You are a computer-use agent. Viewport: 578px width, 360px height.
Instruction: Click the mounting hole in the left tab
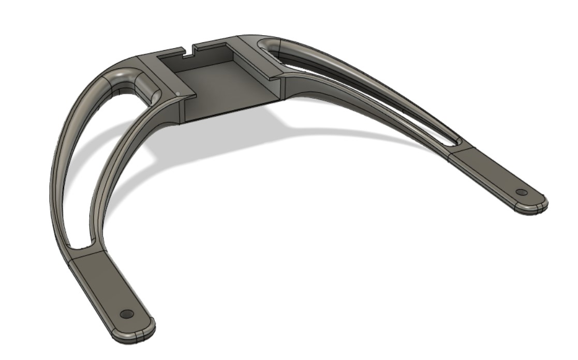point(126,314)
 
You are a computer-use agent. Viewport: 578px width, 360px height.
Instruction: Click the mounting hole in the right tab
point(521,192)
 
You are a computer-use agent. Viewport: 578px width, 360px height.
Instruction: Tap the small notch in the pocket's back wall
point(189,51)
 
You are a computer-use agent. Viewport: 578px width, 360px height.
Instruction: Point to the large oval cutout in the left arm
point(98,155)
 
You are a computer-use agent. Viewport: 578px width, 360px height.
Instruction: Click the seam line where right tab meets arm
point(458,150)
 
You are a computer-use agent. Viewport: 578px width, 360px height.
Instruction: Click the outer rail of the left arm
point(60,171)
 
